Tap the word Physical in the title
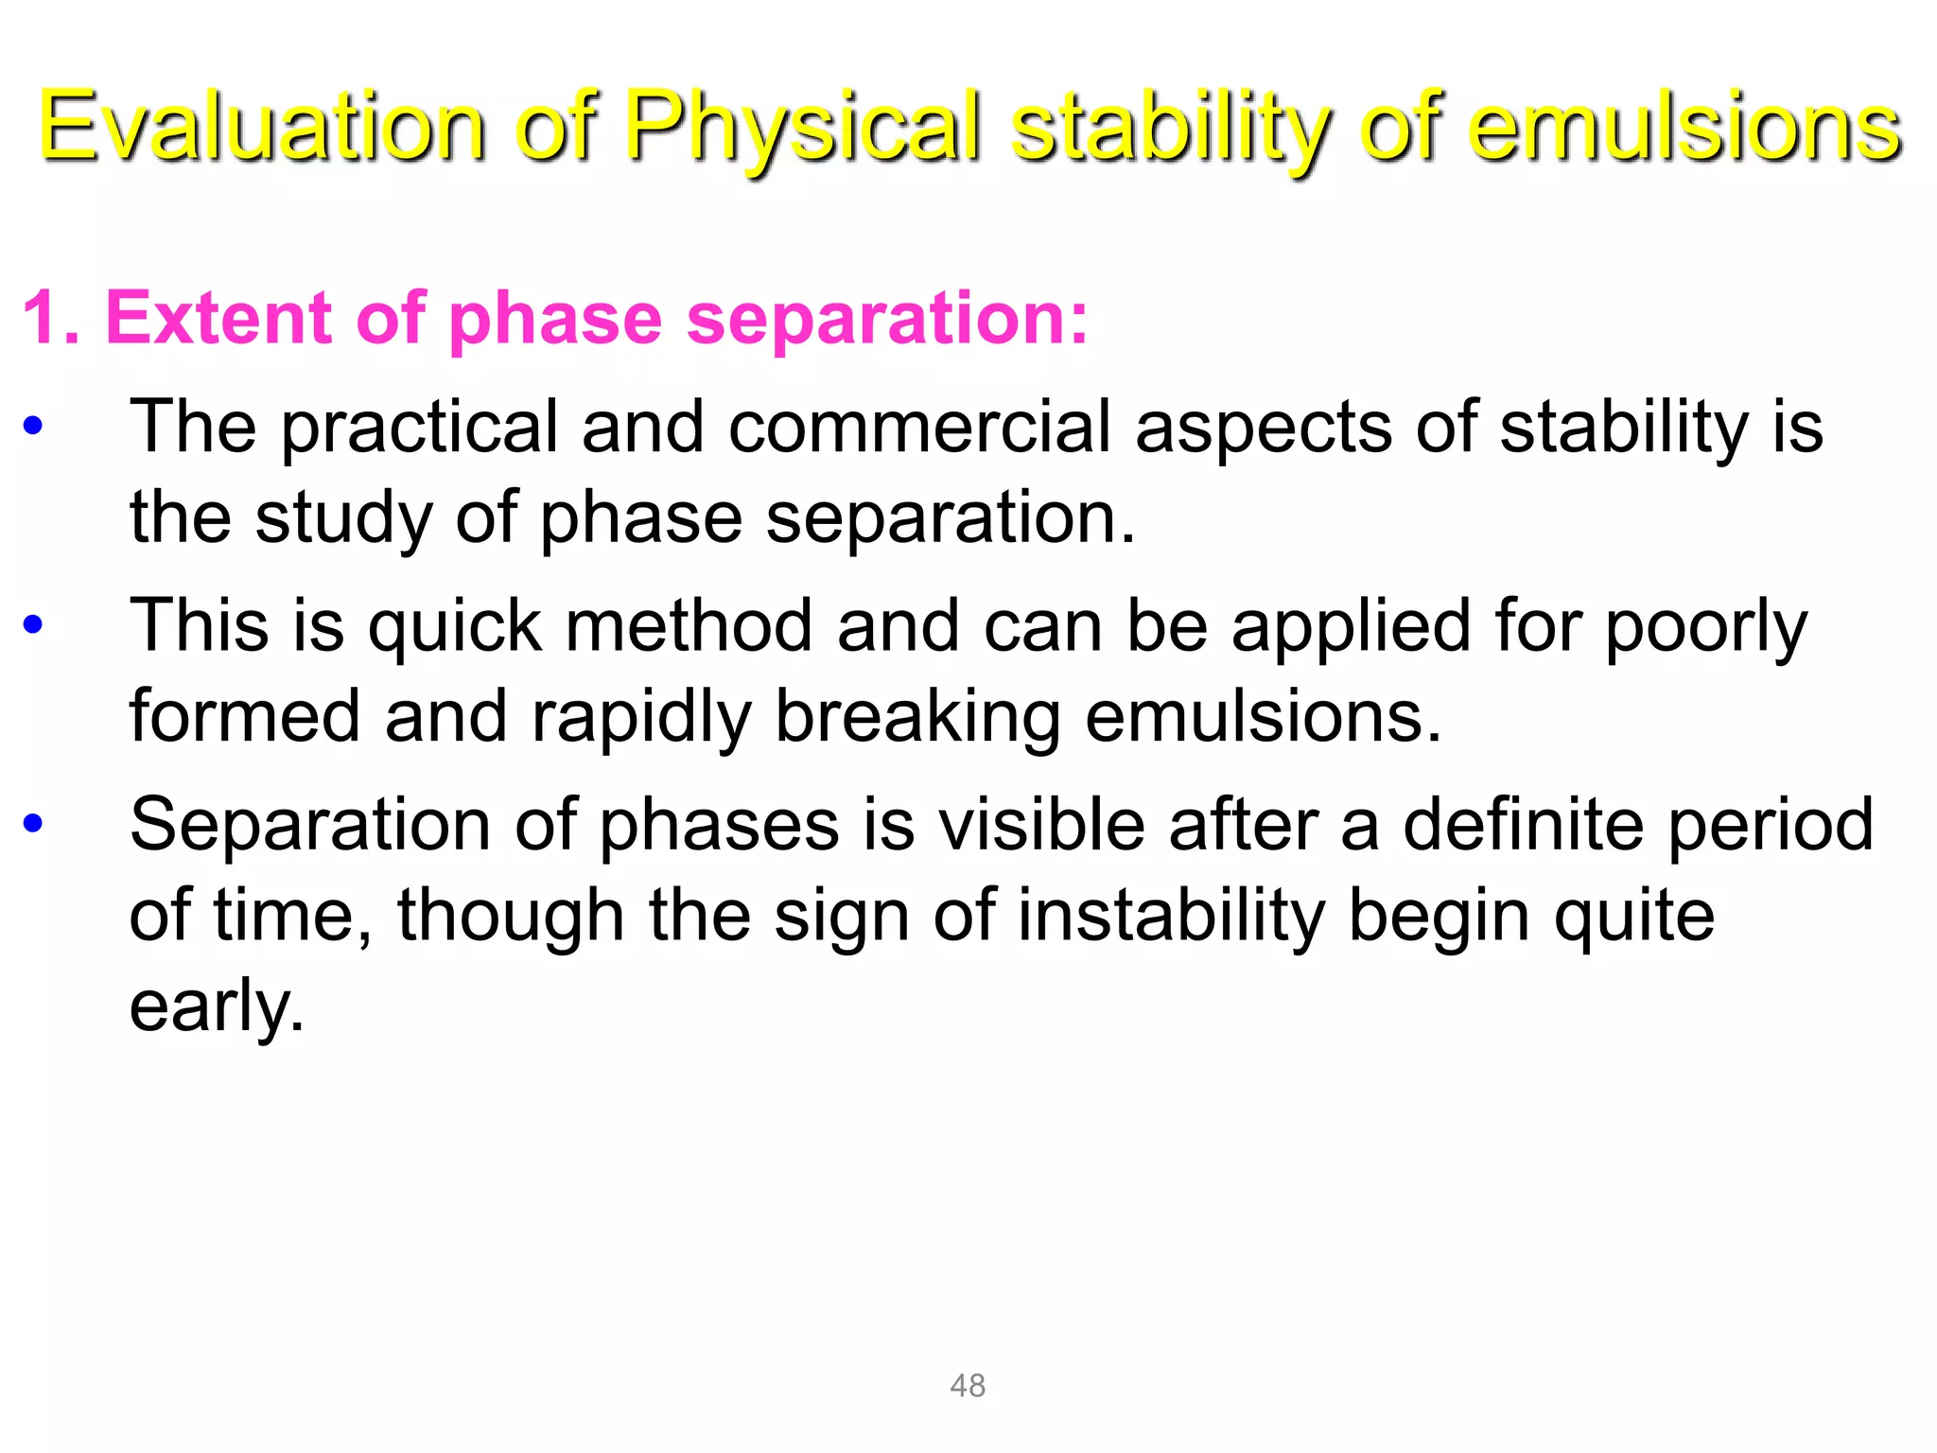tap(802, 128)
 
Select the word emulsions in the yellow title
tap(1684, 128)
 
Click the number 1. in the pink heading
tap(49, 319)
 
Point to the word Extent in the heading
tap(218, 319)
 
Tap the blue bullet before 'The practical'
tap(33, 427)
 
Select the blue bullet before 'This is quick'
tap(33, 625)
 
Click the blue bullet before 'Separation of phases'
tap(33, 824)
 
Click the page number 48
tap(968, 1386)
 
